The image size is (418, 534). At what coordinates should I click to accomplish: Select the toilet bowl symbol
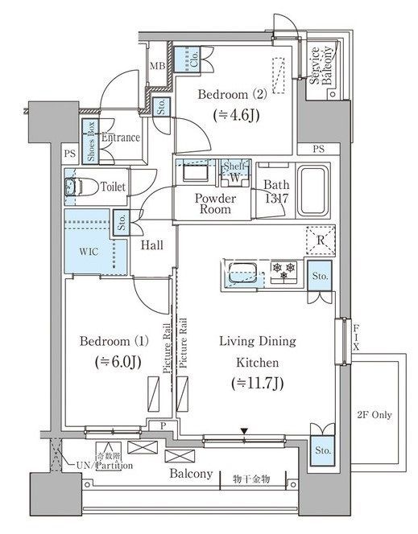coord(76,187)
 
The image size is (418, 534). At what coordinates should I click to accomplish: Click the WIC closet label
coord(89,250)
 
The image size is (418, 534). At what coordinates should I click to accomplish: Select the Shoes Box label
coord(91,141)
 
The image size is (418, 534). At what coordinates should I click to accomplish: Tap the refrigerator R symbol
coord(321,240)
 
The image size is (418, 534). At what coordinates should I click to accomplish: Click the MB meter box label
coord(157,68)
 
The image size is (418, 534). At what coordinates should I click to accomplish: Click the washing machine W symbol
coord(234,175)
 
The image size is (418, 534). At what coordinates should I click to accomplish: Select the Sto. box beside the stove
coord(320,277)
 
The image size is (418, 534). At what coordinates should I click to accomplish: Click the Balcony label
coord(191,474)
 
